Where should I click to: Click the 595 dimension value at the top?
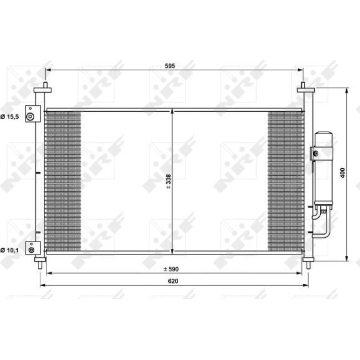point(170,66)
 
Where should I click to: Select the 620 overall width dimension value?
point(173,281)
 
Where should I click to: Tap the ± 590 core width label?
point(171,269)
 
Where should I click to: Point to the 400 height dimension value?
point(342,173)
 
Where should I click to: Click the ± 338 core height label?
point(168,181)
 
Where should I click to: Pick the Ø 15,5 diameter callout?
point(9,117)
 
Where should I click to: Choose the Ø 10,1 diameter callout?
point(9,250)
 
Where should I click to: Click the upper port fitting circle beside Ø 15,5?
point(30,116)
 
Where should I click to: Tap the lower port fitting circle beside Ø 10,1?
point(31,250)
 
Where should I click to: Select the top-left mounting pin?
point(45,85)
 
